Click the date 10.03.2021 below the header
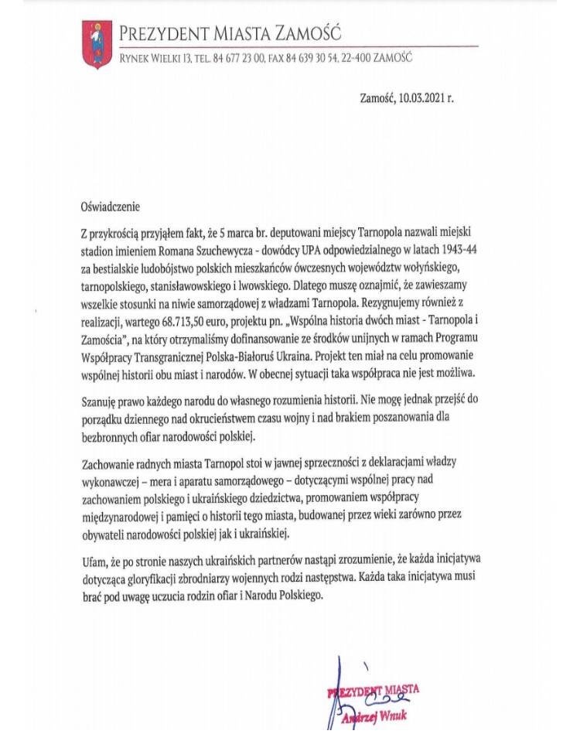pyautogui.click(x=421, y=98)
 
